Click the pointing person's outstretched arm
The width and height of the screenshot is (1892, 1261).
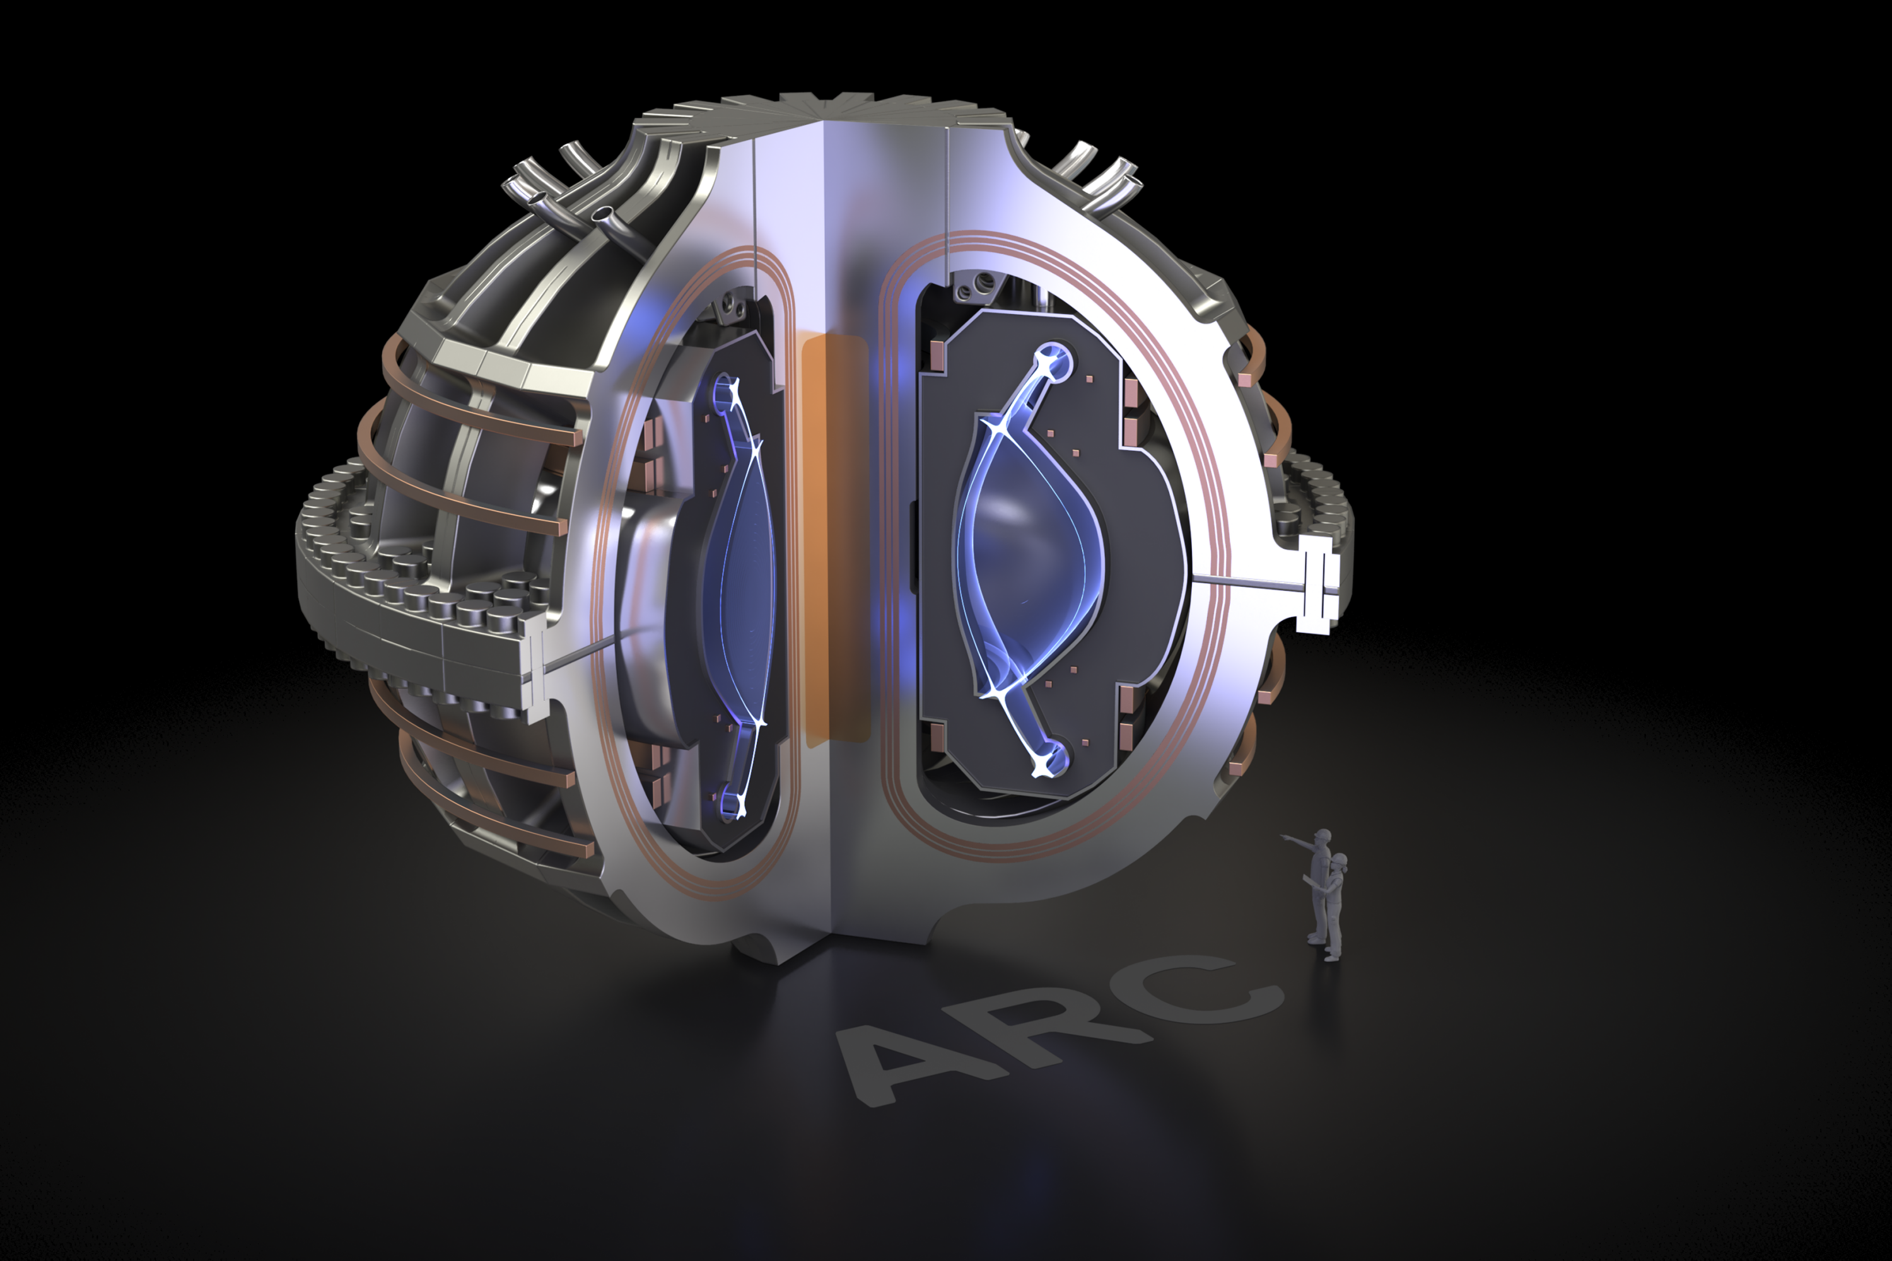tap(1296, 841)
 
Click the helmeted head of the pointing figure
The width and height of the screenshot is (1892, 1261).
tap(1322, 837)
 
